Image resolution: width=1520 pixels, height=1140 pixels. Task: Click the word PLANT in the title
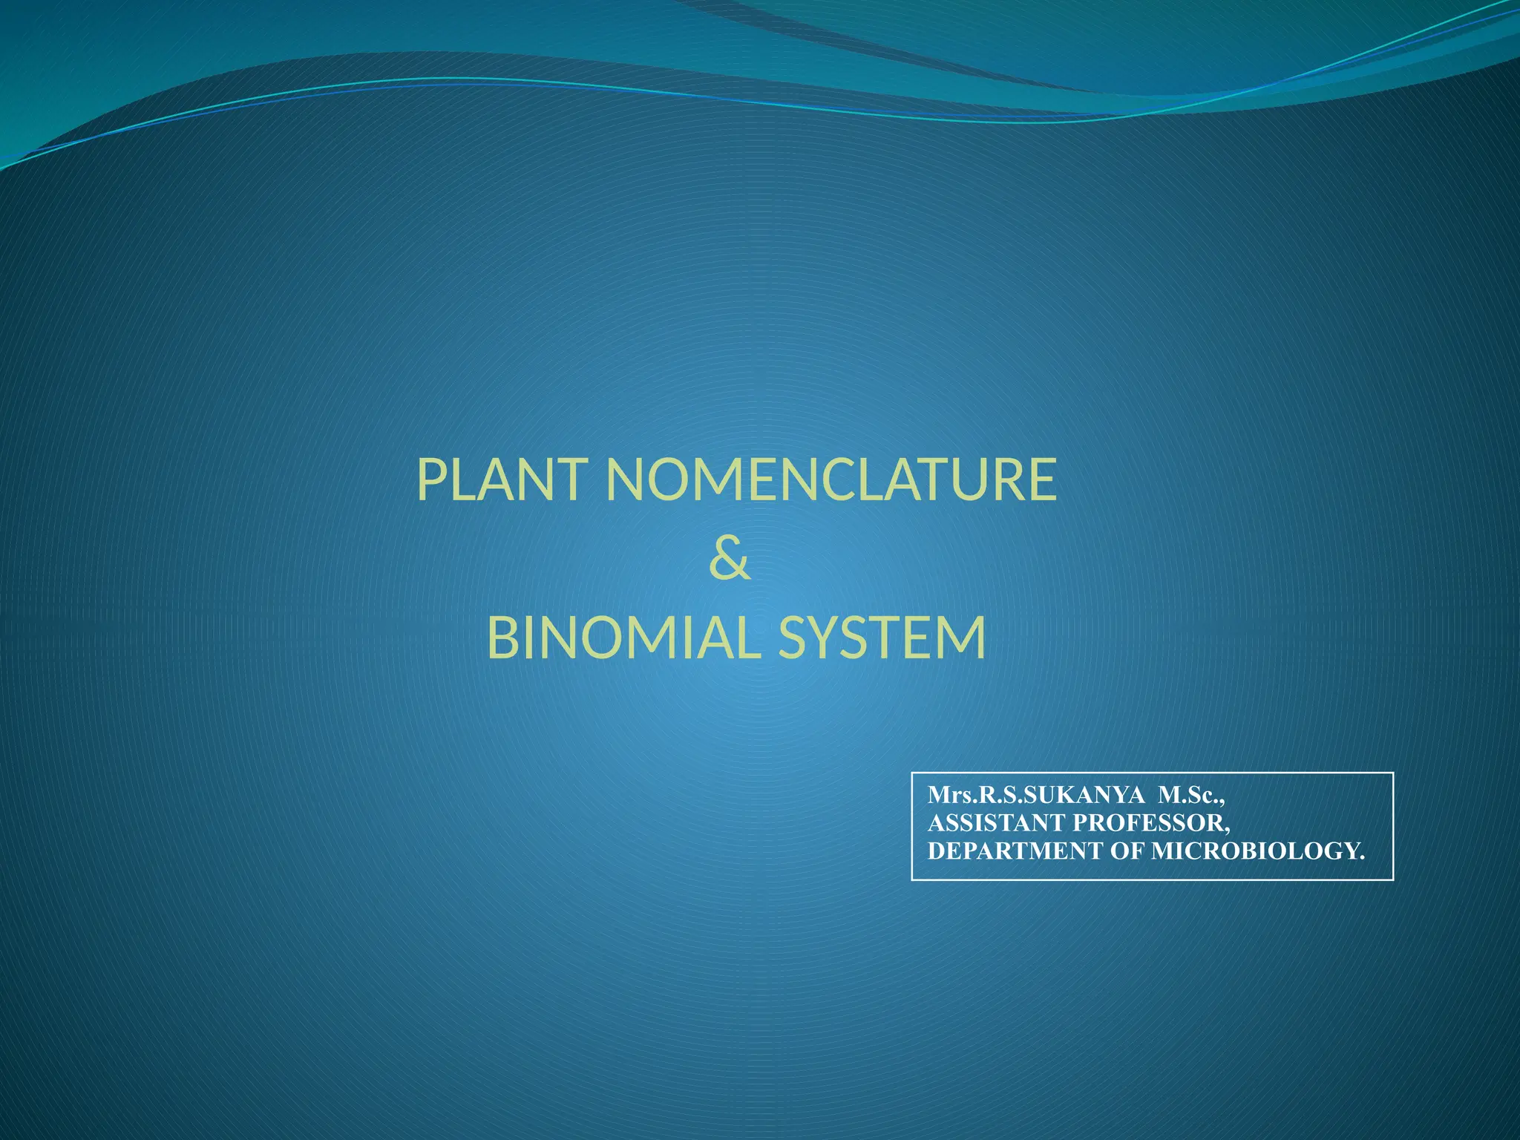(504, 480)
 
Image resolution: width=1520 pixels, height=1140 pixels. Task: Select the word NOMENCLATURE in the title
(831, 480)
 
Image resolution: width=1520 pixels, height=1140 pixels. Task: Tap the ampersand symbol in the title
(730, 560)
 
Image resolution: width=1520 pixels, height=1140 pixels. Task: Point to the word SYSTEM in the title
(882, 638)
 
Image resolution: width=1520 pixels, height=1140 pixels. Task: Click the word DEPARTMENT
(1016, 851)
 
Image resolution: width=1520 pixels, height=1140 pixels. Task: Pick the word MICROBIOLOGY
(1258, 851)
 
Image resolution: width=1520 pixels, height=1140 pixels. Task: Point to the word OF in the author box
(1127, 851)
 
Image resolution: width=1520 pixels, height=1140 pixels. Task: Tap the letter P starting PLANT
(431, 480)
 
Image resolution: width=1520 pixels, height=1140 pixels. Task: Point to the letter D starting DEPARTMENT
(936, 851)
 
